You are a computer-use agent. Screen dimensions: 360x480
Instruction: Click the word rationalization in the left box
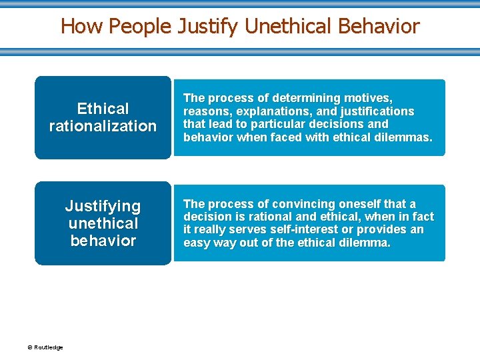pyautogui.click(x=103, y=126)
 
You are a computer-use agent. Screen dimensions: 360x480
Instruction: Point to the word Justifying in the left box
pyautogui.click(x=103, y=206)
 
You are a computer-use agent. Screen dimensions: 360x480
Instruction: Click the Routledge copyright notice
pyautogui.click(x=45, y=347)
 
